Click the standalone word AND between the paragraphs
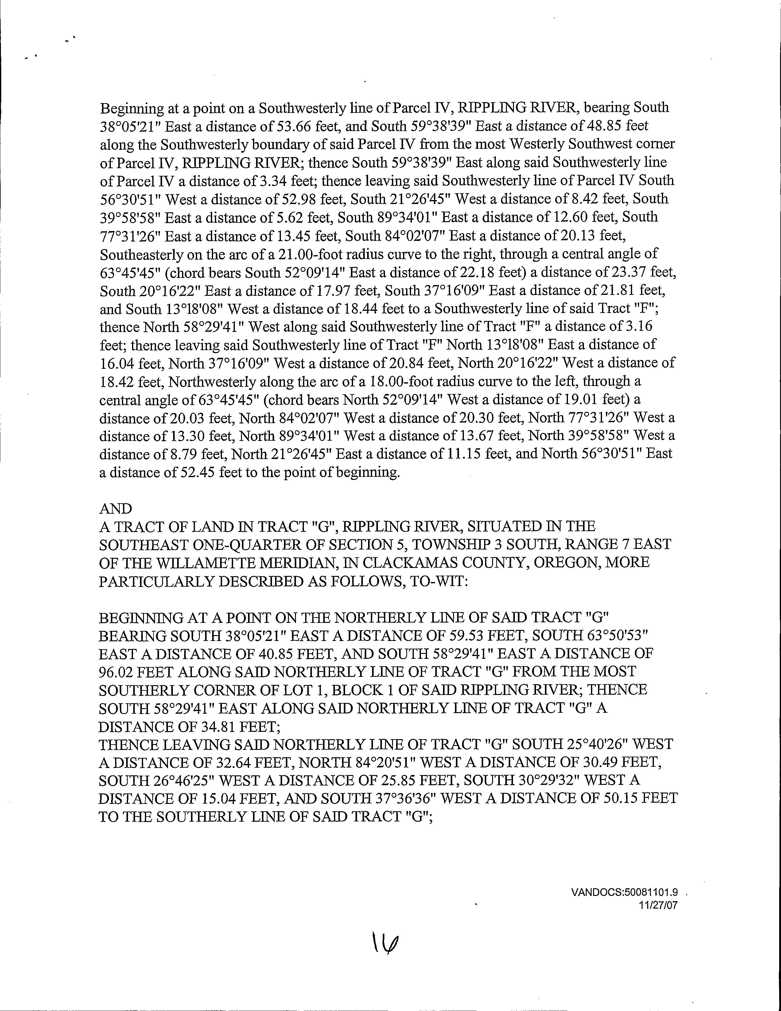tap(115, 509)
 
